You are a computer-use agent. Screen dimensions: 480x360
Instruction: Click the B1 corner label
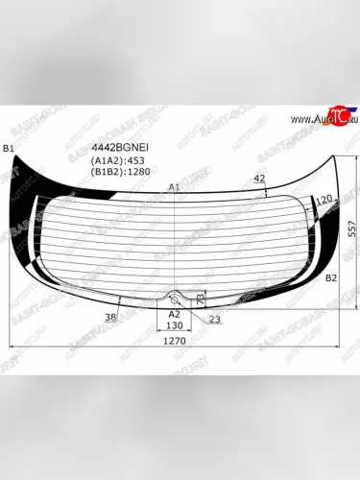coord(9,147)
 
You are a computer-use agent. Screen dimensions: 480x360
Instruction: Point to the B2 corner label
coord(330,277)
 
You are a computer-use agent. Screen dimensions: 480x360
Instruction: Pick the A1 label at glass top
coord(174,186)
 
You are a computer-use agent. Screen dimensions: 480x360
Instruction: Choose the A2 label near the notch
coord(174,313)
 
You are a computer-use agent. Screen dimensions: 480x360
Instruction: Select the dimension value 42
coord(259,180)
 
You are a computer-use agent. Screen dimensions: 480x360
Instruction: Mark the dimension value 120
coord(324,198)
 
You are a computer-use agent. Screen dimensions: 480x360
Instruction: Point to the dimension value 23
coord(214,319)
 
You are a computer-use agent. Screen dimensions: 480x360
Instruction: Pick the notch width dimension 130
coord(174,325)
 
